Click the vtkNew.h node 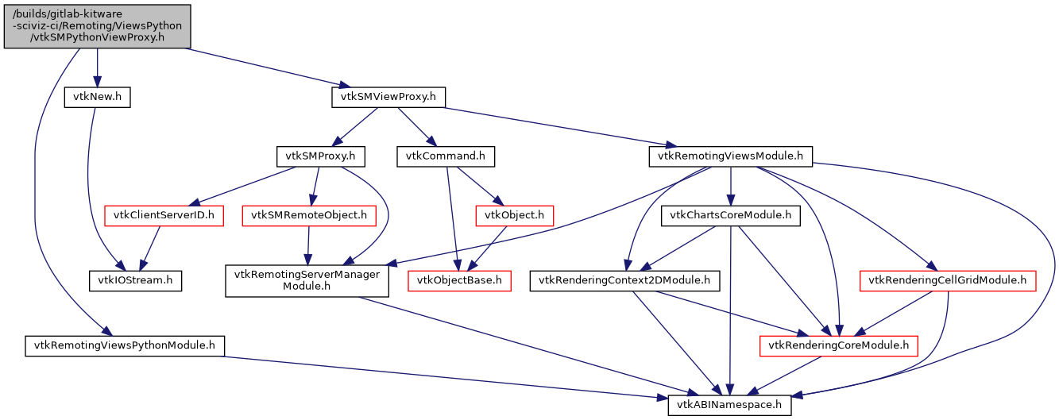coord(97,98)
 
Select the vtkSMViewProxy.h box coord(388,98)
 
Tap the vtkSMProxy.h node coord(320,156)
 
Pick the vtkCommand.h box coord(445,156)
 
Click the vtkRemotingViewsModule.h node coord(730,156)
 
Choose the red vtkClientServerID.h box coord(164,215)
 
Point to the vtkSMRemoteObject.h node coord(309,215)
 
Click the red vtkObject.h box coord(513,215)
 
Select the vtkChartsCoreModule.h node coord(730,215)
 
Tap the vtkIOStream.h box coord(135,280)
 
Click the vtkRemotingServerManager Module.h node coord(307,280)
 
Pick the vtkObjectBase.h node coord(459,280)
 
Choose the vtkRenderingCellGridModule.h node coord(948,280)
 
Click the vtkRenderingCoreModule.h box coord(839,345)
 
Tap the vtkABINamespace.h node coord(729,404)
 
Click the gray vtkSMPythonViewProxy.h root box coord(97,25)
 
